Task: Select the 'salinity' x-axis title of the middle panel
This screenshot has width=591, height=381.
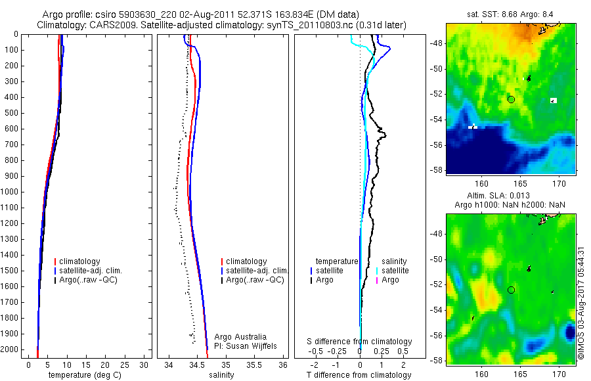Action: coord(221,375)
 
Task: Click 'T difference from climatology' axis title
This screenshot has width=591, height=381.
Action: coord(359,375)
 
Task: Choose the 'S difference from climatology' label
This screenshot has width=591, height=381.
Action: coord(360,342)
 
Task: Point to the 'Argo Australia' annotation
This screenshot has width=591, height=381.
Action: coord(240,337)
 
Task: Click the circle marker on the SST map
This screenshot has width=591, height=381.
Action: coord(511,99)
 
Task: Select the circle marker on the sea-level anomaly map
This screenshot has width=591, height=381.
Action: coord(511,290)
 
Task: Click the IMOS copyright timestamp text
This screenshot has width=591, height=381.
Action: coord(580,305)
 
